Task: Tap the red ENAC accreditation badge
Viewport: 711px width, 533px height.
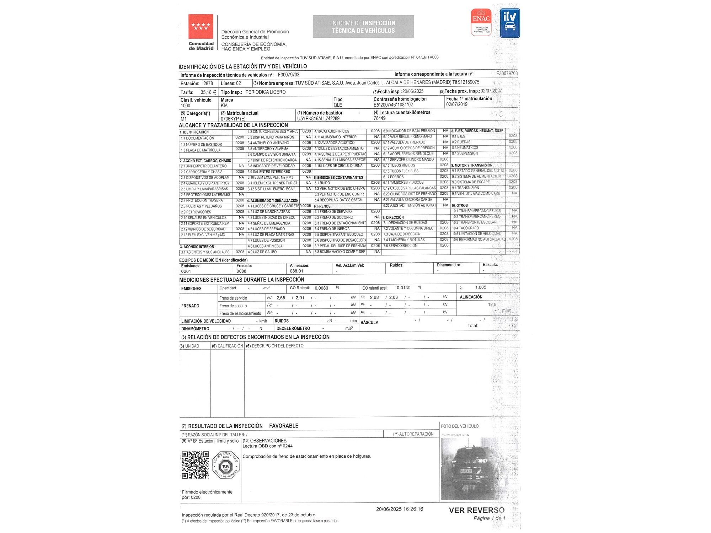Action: (x=481, y=22)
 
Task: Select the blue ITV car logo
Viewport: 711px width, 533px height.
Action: (x=510, y=23)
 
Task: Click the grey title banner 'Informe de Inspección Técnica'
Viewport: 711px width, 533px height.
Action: (x=363, y=27)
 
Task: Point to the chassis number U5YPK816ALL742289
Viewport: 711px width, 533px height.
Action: (x=318, y=119)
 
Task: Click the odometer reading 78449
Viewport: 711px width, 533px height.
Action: (x=380, y=118)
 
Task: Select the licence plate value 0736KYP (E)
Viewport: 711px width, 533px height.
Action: (x=233, y=119)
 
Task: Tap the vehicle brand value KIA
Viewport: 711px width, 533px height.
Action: (x=224, y=106)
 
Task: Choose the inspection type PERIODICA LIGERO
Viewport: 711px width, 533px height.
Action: (x=266, y=92)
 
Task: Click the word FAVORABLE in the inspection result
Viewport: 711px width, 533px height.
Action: (x=284, y=426)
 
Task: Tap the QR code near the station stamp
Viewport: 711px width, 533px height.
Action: (x=195, y=465)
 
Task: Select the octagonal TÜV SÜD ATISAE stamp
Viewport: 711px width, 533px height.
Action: (x=226, y=465)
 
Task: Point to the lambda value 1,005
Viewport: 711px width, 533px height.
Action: (x=481, y=287)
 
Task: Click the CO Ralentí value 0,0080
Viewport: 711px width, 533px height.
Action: (x=321, y=288)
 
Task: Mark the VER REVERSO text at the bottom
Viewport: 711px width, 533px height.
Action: (x=476, y=510)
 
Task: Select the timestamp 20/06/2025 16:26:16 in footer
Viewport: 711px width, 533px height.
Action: (x=400, y=509)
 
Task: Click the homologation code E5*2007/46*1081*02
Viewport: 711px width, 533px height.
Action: (x=393, y=105)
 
